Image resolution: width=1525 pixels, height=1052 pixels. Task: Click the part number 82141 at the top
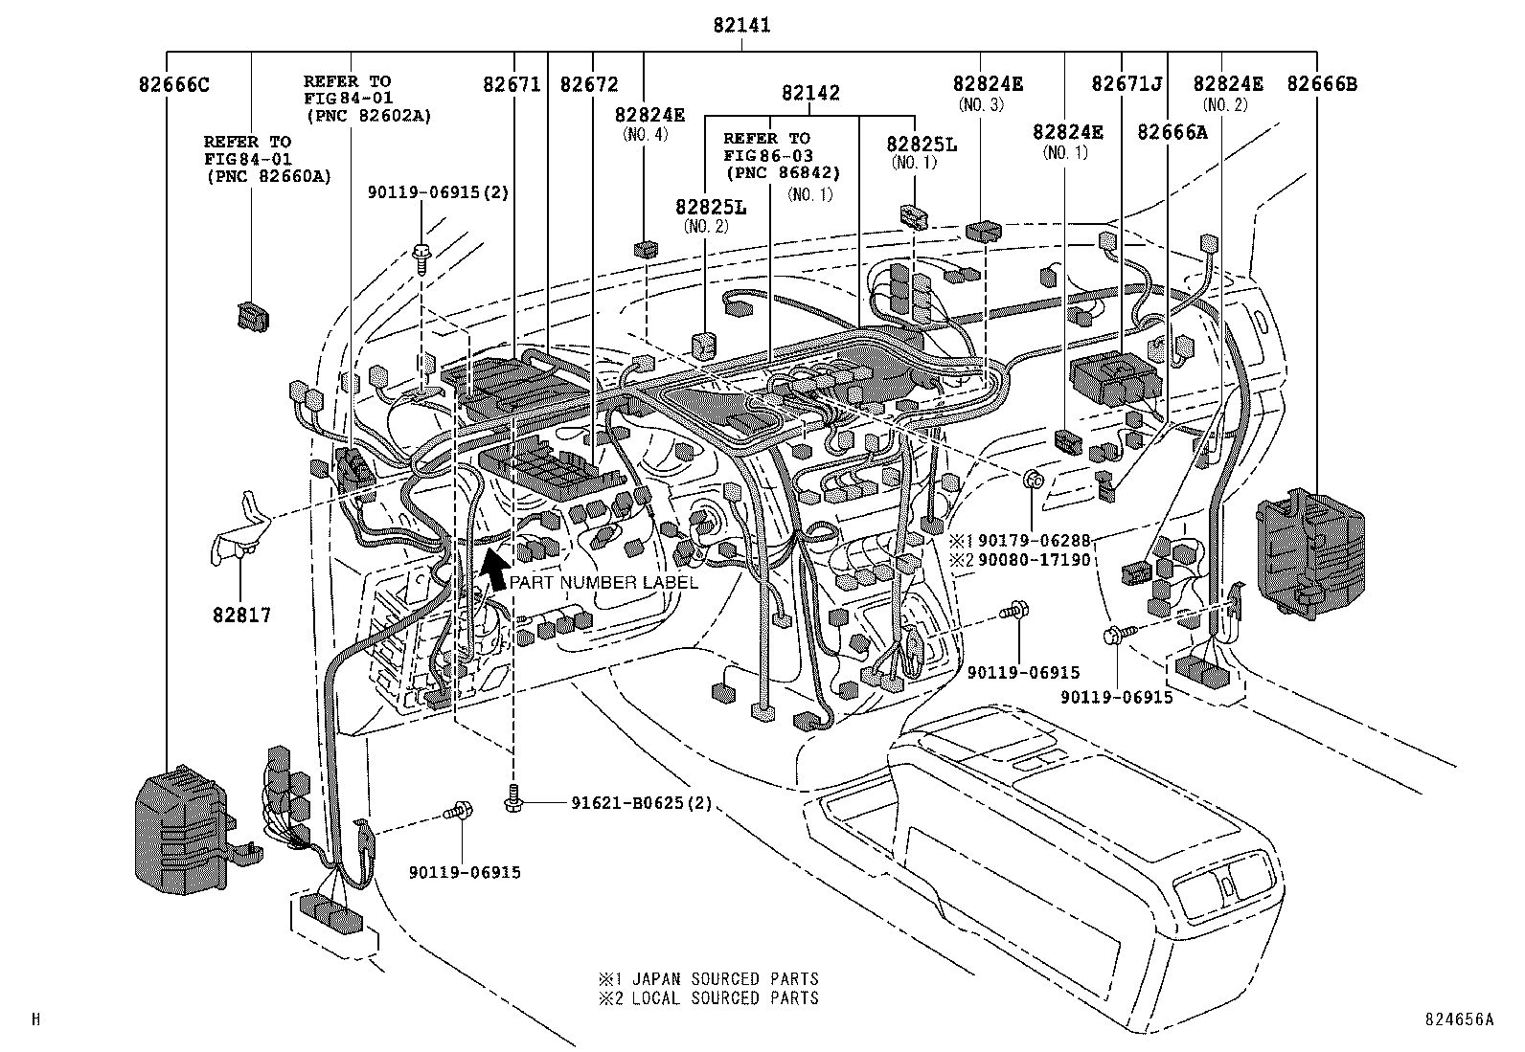tap(740, 26)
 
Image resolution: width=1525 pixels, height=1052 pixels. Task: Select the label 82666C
tap(173, 84)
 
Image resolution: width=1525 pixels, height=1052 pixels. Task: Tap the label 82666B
tap(1321, 84)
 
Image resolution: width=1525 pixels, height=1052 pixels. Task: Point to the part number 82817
tap(241, 616)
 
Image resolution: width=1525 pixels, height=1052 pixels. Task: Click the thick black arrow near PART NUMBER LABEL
tap(494, 571)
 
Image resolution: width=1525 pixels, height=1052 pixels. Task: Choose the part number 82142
tap(810, 93)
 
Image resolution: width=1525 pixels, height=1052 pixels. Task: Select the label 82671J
tap(1127, 84)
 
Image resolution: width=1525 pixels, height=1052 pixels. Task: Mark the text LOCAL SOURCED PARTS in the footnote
tap(725, 997)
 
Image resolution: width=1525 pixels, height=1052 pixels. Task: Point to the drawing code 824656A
tap(1459, 1019)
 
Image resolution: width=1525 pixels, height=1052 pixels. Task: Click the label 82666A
tap(1172, 132)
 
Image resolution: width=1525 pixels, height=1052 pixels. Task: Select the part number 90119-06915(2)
tap(438, 191)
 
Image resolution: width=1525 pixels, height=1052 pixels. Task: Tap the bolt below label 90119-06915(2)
tap(421, 256)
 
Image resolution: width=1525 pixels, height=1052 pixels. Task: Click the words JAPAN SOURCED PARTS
tap(725, 978)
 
